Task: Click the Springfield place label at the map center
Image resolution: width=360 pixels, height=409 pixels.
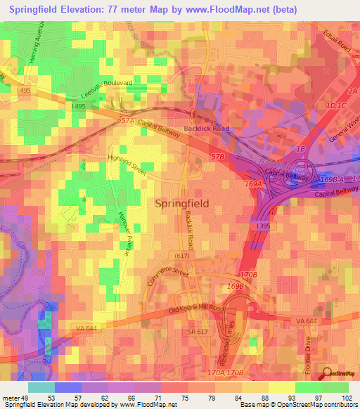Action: coord(181,203)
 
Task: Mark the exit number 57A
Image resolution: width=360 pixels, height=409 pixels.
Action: coord(127,121)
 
